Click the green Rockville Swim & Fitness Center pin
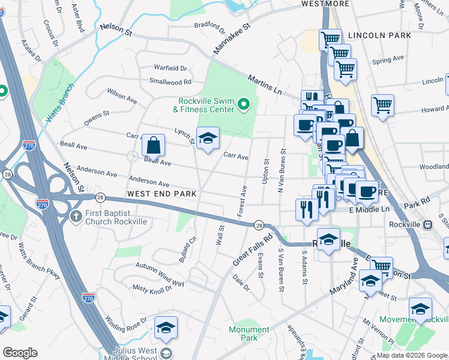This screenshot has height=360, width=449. [243, 106]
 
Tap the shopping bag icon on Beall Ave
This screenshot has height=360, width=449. [154, 145]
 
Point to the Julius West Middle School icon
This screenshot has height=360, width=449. [165, 353]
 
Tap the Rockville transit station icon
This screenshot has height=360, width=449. [427, 225]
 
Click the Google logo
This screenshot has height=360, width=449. [20, 353]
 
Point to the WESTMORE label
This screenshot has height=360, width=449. [325, 4]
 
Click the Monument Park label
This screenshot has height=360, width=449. [249, 334]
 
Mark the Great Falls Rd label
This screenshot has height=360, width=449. [252, 250]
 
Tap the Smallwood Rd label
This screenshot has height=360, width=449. [170, 82]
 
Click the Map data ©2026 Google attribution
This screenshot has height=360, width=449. [412, 355]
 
